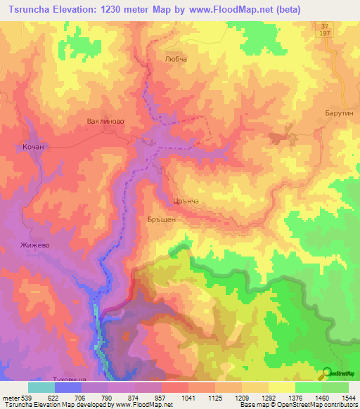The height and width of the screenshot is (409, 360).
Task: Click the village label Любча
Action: point(175,60)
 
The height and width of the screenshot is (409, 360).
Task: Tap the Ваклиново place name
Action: point(105,121)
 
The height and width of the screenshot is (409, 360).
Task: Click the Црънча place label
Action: point(186,201)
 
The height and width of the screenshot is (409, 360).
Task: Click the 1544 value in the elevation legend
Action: point(348,398)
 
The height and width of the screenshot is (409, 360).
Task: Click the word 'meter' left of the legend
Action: point(9,398)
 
